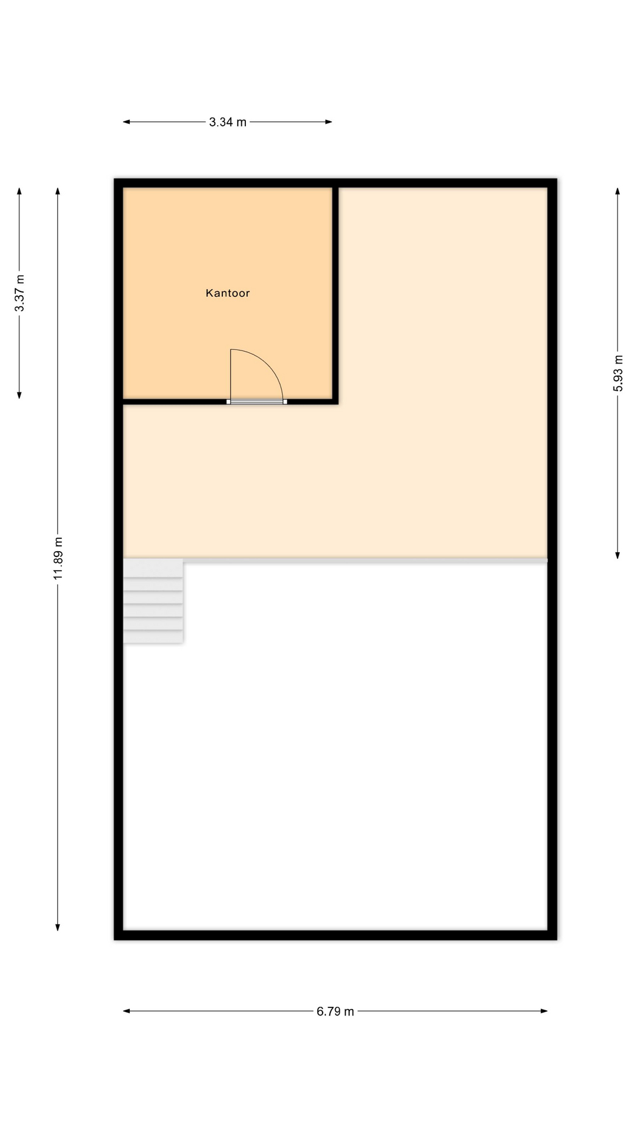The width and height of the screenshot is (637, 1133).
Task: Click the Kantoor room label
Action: pos(228,293)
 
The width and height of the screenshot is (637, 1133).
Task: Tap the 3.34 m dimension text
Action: pos(228,122)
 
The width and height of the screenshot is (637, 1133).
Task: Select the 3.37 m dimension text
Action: pos(19,293)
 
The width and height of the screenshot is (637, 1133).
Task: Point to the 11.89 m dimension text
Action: pos(58,558)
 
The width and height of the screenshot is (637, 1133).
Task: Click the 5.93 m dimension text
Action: pos(618,373)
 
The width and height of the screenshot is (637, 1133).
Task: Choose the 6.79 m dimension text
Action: pos(335,1011)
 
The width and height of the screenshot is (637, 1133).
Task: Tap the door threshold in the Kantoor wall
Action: pos(257,402)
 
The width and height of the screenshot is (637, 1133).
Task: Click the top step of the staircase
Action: pos(153,568)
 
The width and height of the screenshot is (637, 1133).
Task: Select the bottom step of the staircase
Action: pos(153,637)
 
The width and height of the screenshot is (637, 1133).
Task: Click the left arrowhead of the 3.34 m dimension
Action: pos(126,122)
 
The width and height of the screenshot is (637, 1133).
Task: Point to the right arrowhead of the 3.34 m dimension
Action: pos(329,122)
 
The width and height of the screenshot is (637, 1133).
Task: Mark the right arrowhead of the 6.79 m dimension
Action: pos(544,1011)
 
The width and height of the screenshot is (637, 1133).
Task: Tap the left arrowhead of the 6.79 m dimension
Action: pos(126,1011)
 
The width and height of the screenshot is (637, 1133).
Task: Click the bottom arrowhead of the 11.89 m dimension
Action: pos(58,927)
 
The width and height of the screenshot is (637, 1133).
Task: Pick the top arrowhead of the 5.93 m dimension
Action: pos(618,191)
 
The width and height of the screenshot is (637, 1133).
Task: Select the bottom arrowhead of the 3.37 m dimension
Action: pos(19,395)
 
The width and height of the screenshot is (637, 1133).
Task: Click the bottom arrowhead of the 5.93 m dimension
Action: pos(618,555)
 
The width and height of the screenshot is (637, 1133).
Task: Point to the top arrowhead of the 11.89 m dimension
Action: pos(58,191)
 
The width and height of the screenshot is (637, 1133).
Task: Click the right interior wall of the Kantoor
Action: pos(335,295)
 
